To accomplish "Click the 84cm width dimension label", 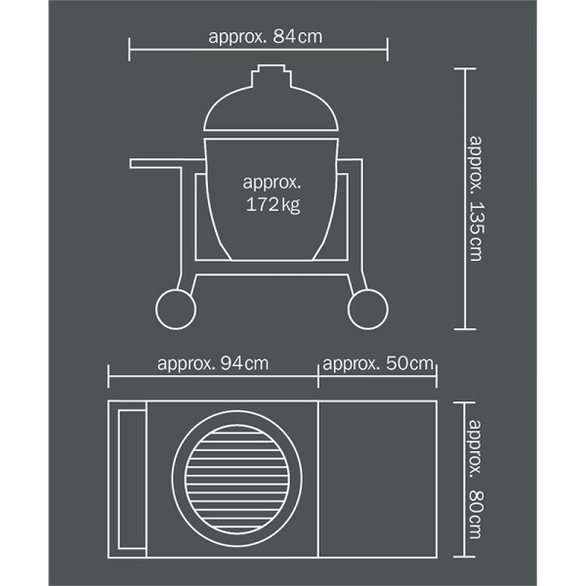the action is click(266, 37).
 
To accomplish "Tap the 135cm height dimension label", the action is click(476, 198).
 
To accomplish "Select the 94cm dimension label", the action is click(213, 363).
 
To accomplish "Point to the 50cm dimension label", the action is click(378, 363).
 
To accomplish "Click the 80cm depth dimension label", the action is click(476, 480).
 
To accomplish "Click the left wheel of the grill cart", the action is click(176, 309).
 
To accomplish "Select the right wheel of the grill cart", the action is click(368, 309).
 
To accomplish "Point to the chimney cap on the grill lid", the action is click(272, 76).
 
